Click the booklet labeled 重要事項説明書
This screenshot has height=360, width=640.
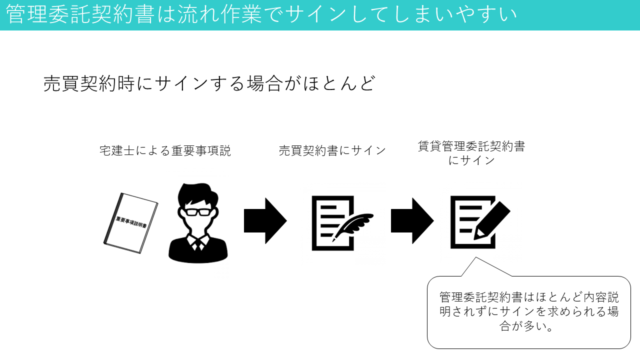tap(131, 223)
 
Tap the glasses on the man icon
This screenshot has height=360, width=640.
tap(198, 212)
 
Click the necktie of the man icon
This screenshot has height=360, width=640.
tap(197, 245)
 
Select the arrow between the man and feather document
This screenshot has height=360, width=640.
tap(265, 221)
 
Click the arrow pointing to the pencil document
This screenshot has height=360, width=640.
tap(412, 221)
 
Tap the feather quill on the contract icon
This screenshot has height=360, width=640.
tap(353, 227)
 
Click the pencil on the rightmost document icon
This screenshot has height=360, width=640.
tap(492, 220)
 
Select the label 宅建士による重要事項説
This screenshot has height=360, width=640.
tap(165, 151)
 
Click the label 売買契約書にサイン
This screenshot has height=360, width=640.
tap(332, 150)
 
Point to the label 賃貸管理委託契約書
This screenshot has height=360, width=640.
tap(471, 146)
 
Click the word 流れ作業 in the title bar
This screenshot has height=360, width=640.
tap(219, 14)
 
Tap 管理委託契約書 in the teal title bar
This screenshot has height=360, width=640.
tap(80, 14)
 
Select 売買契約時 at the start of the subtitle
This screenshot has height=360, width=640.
tap(89, 83)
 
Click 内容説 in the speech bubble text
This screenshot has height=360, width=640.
tap(600, 297)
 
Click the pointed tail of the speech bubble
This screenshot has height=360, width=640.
tap(476, 257)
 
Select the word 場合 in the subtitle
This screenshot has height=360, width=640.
tap(264, 83)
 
